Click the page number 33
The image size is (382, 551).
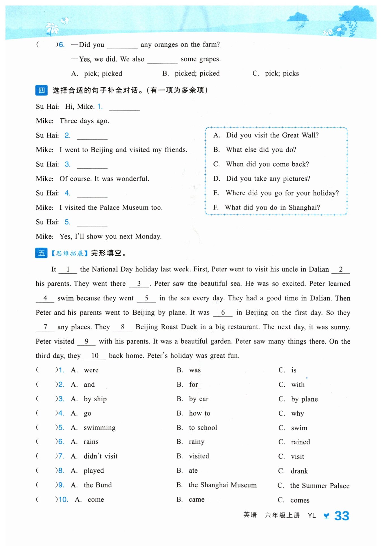click(342, 516)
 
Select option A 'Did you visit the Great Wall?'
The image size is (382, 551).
click(272, 135)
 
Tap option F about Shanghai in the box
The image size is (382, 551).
click(272, 208)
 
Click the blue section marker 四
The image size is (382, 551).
click(41, 90)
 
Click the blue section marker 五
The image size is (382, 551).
click(41, 253)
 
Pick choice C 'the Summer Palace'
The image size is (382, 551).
click(319, 486)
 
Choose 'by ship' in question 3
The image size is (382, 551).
click(95, 399)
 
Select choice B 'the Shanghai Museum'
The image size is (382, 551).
click(222, 485)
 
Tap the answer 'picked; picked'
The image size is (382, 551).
click(197, 74)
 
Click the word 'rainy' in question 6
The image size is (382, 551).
click(196, 442)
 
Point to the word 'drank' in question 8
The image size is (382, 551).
click(299, 471)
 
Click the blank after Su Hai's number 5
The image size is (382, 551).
click(92, 223)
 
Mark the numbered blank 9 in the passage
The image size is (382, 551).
click(86, 342)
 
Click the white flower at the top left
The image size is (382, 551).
click(52, 28)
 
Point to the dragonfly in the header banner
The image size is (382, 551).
click(301, 26)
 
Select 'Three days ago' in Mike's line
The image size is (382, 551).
click(84, 121)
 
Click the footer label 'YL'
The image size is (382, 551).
click(312, 516)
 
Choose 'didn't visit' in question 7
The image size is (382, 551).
click(100, 456)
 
